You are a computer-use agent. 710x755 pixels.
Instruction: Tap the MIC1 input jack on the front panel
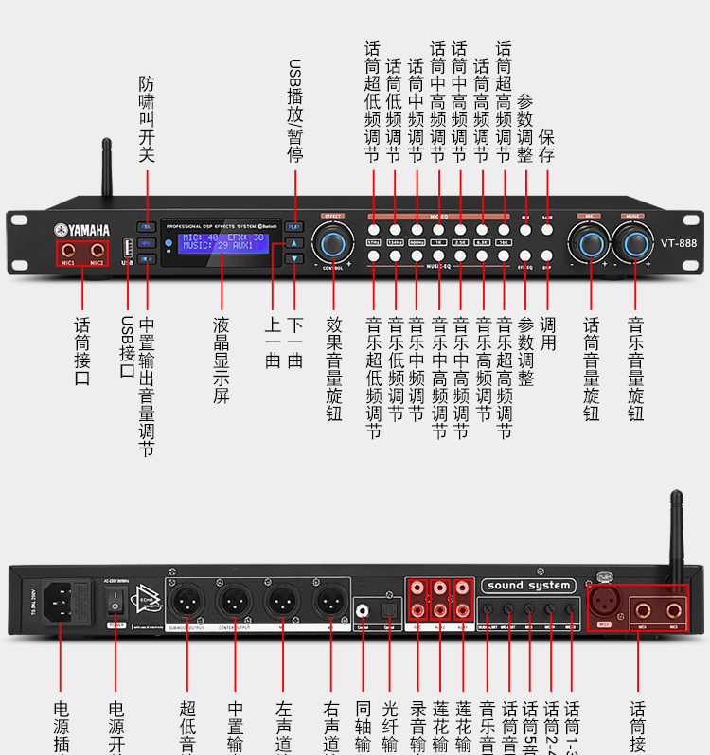click(68, 250)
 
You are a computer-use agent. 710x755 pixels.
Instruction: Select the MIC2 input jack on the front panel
click(97, 250)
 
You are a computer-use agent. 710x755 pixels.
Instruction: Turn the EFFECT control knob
click(333, 243)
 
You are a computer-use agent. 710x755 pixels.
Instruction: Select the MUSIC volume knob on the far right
click(632, 242)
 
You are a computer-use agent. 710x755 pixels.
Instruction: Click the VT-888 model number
click(679, 243)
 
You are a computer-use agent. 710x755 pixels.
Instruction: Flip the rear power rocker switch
click(117, 598)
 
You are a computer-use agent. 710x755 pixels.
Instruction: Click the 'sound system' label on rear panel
click(528, 586)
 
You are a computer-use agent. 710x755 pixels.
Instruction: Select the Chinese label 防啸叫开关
click(147, 119)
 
